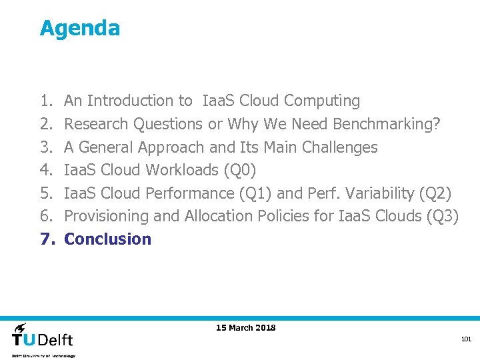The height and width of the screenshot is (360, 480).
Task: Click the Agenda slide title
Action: pyautogui.click(x=80, y=28)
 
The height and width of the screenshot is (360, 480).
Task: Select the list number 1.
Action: pyautogui.click(x=45, y=101)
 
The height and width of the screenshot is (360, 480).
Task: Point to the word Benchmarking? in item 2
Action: pyautogui.click(x=386, y=124)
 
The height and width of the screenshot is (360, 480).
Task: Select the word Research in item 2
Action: pyautogui.click(x=97, y=124)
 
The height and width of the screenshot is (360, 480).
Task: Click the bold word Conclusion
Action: pyautogui.click(x=107, y=239)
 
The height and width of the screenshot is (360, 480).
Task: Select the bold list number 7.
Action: pyautogui.click(x=46, y=239)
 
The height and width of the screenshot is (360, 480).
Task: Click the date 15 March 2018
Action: pyautogui.click(x=245, y=327)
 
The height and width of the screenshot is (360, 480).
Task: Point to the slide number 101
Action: pyautogui.click(x=466, y=340)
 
